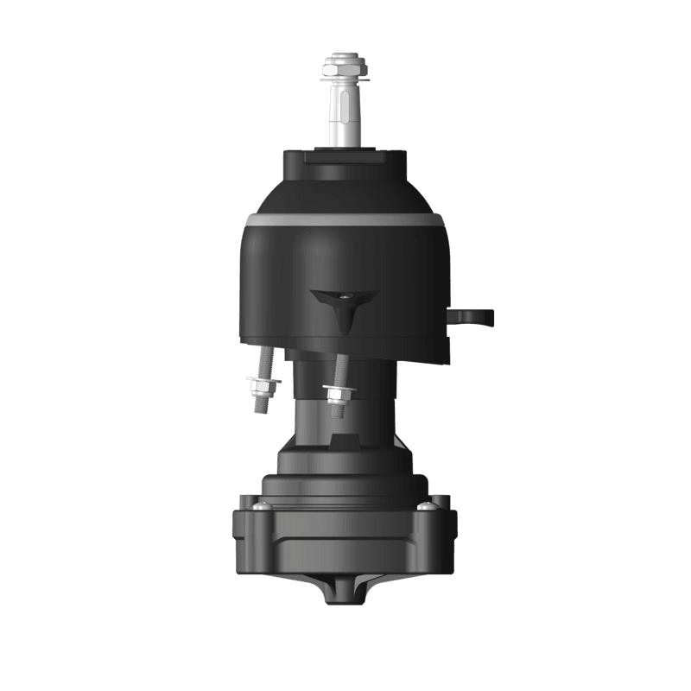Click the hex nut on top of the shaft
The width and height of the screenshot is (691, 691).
tap(342, 67)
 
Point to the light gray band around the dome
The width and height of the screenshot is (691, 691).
tap(345, 220)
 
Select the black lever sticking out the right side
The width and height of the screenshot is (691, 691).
tap(474, 317)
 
